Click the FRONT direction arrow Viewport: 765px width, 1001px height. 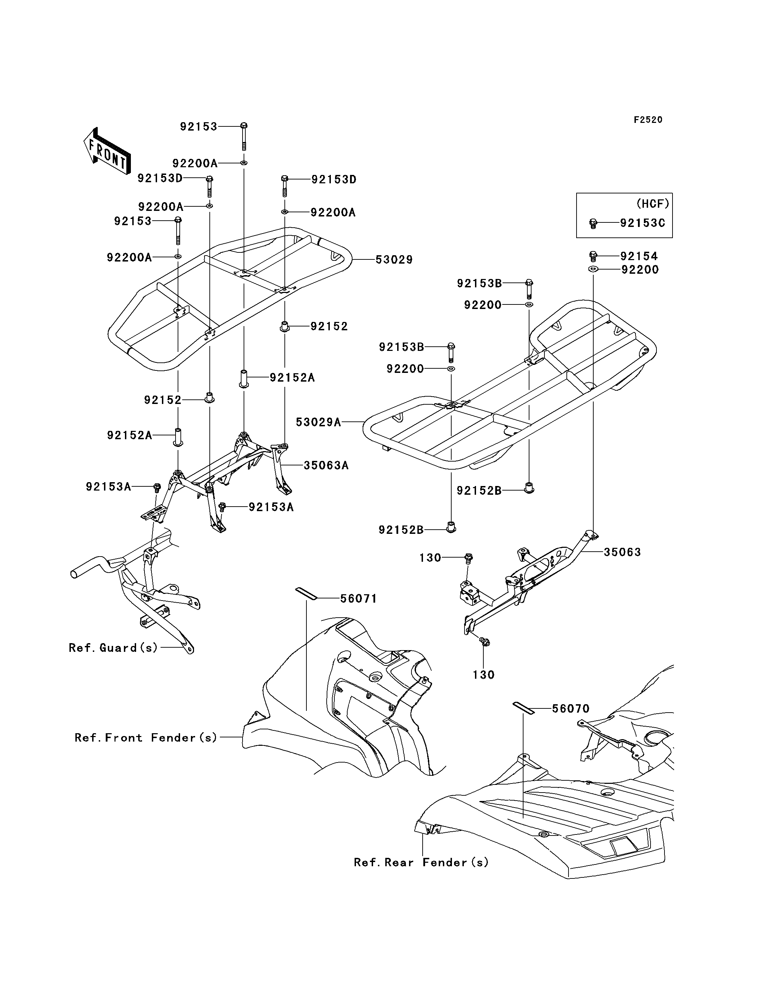107,150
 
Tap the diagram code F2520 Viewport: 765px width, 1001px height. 648,120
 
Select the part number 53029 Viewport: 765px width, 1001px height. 394,260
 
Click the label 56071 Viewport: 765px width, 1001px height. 359,599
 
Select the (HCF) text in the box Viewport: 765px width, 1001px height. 653,204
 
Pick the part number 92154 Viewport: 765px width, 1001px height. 639,256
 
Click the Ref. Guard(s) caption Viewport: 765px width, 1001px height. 113,648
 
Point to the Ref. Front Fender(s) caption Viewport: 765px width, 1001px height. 146,738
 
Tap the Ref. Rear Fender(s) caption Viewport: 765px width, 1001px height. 421,862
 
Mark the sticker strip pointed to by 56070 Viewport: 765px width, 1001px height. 523,708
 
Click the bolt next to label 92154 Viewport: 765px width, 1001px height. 593,256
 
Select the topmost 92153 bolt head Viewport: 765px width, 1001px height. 244,126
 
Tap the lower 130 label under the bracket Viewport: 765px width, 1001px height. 484,675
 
